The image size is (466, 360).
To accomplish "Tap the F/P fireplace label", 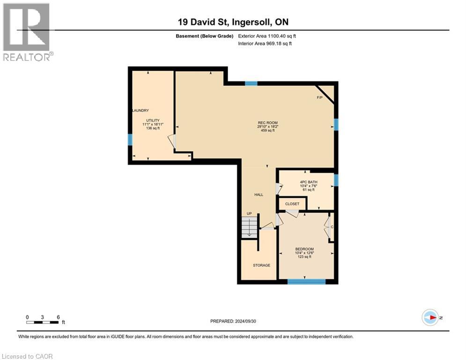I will (x=320, y=97).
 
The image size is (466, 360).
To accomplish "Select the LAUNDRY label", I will (x=140, y=111).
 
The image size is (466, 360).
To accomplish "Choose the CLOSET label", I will (x=292, y=204).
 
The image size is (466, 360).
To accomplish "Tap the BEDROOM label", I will (x=304, y=249).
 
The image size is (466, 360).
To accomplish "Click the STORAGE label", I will (x=261, y=265).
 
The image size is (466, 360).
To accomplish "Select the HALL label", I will (x=259, y=195).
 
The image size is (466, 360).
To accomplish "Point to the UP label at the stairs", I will (x=249, y=214).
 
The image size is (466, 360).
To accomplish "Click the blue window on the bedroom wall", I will (x=306, y=281).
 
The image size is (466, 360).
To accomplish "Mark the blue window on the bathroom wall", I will (x=336, y=180).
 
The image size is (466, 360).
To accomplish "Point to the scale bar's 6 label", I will (x=58, y=317).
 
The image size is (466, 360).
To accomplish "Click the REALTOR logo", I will (x=27, y=32).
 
